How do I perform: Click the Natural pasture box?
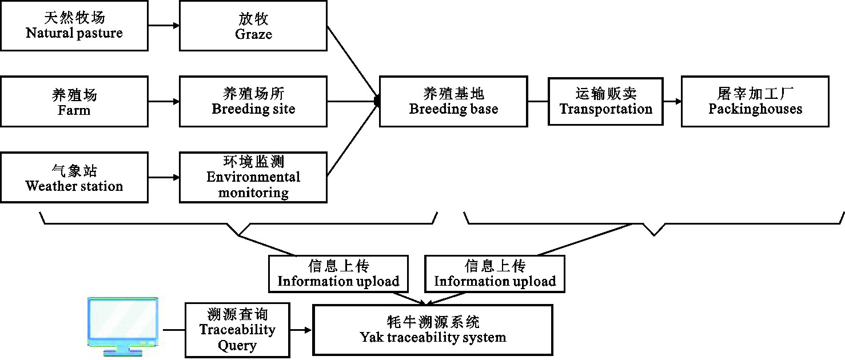coord(74,26)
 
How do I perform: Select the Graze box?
coord(253,26)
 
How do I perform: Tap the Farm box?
coord(74,102)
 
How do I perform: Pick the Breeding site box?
coord(253,102)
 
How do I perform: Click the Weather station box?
coord(74,177)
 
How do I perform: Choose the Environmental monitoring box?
coord(253,177)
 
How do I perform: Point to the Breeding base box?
coord(453,102)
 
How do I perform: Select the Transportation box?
coord(606,102)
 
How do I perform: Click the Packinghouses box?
coord(755,102)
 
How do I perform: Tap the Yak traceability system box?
coord(433,330)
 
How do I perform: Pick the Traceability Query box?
coord(237,330)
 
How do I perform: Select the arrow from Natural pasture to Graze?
coord(164,26)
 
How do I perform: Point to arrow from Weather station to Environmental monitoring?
coord(164,177)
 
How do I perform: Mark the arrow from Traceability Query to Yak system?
coord(301,330)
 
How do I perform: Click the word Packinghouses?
coord(755,109)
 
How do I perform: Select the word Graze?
coord(253,34)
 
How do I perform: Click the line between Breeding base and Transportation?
coord(538,102)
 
